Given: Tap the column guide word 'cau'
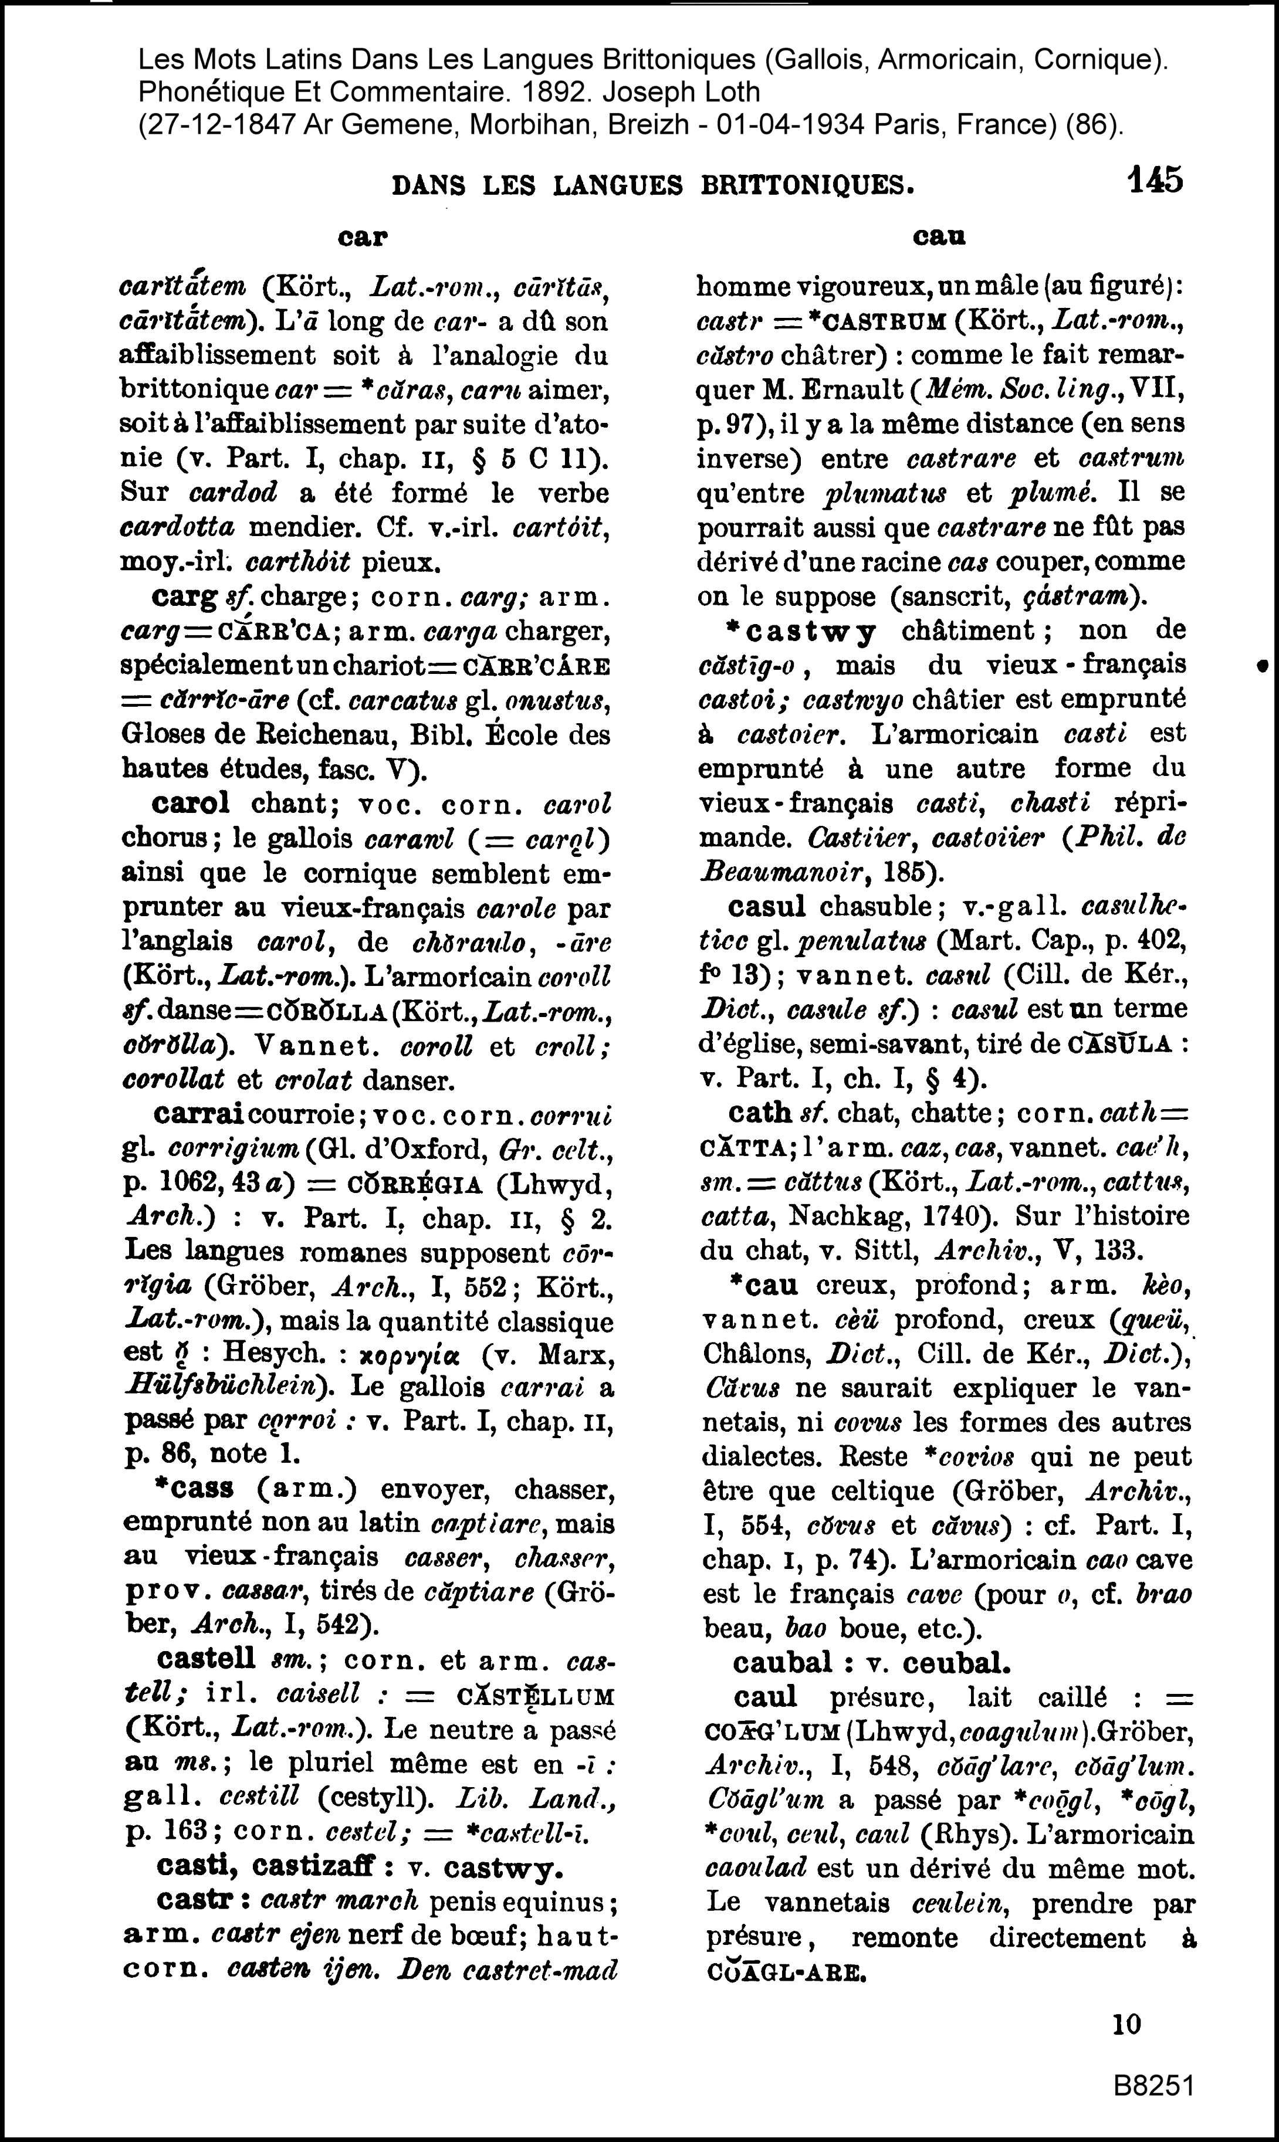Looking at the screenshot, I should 939,237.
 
